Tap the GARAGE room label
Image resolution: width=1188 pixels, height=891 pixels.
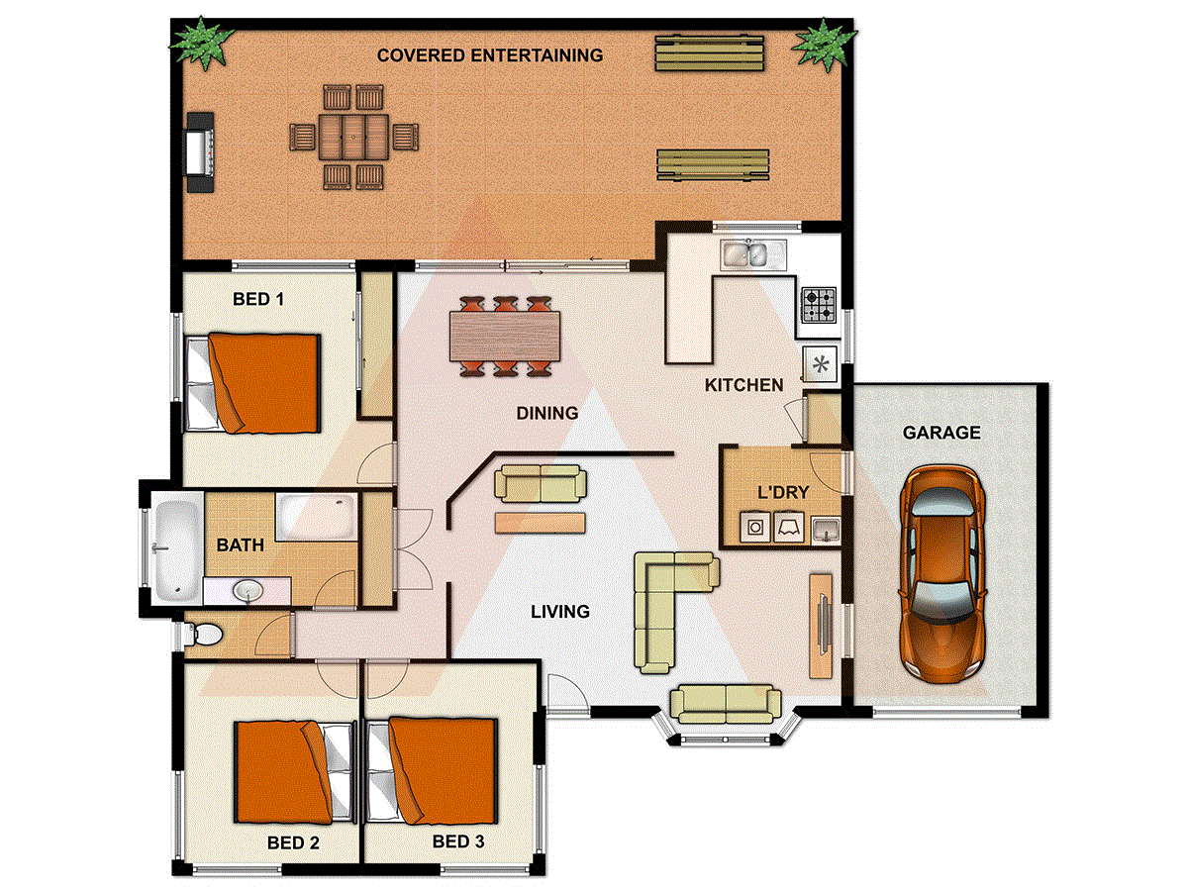[941, 433]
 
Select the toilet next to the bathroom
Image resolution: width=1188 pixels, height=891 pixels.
[206, 633]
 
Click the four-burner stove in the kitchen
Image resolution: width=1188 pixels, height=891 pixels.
[819, 305]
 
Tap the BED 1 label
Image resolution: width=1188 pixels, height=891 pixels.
[257, 298]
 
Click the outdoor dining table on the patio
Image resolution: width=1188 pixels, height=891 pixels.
[351, 136]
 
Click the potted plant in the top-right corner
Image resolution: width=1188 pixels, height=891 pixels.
[824, 43]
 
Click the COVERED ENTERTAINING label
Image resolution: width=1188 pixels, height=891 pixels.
[490, 55]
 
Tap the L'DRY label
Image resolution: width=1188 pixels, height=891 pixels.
[782, 492]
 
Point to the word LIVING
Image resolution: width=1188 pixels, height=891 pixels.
[560, 612]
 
